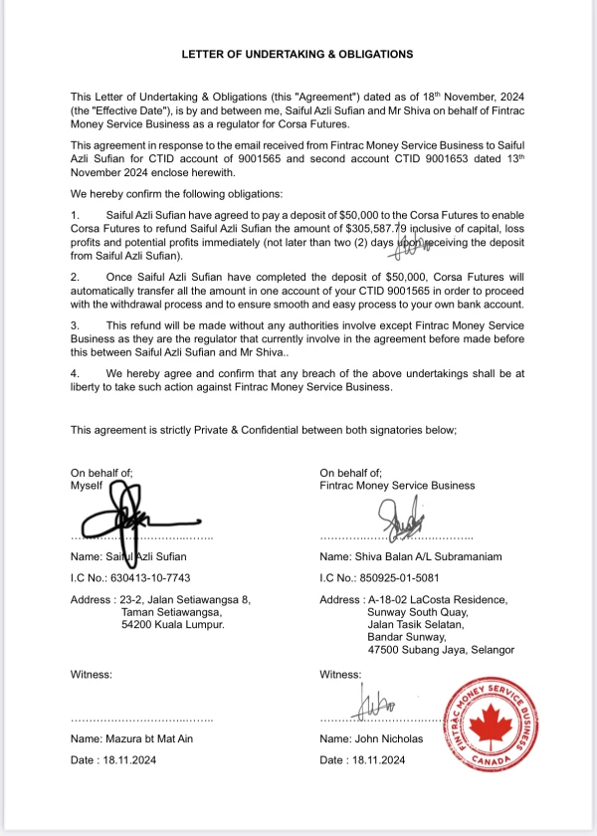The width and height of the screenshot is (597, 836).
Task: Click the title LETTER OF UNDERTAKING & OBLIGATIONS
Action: pyautogui.click(x=297, y=54)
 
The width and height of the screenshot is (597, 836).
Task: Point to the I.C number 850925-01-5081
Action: pyautogui.click(x=401, y=578)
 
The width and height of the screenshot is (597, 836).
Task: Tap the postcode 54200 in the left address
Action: pyautogui.click(x=138, y=626)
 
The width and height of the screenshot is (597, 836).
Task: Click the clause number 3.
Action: pyautogui.click(x=74, y=325)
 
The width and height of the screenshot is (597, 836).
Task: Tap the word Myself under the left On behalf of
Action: pyautogui.click(x=89, y=486)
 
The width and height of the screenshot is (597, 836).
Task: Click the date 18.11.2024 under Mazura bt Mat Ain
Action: pyautogui.click(x=130, y=760)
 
